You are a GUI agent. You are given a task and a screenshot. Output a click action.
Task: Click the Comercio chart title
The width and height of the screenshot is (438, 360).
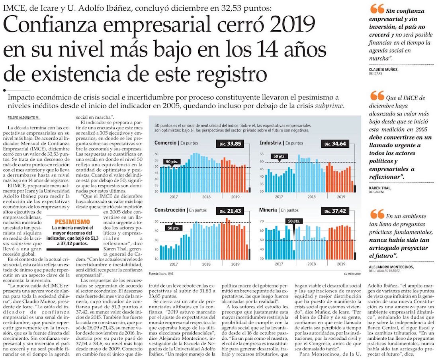point(166,143)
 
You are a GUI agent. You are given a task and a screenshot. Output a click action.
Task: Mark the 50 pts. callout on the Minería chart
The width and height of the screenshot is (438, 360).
point(294,221)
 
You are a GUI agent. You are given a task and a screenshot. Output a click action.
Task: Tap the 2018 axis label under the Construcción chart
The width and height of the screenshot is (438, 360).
point(206,264)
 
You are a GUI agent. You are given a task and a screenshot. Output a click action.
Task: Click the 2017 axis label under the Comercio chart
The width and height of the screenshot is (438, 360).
point(174,197)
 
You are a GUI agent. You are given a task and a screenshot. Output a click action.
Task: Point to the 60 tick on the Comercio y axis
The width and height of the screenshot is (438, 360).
point(156,154)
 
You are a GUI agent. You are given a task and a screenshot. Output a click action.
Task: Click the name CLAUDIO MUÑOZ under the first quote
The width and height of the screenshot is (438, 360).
point(383,69)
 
